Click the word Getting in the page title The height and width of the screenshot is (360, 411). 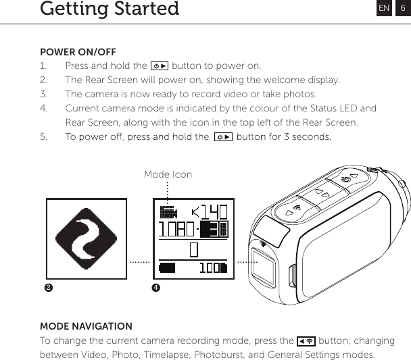[72, 9]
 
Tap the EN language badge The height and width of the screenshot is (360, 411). [384, 8]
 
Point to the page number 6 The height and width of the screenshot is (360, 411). [402, 8]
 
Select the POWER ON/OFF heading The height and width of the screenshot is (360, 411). [78, 52]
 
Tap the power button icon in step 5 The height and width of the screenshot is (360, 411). [222, 137]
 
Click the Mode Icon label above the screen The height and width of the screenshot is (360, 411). [168, 174]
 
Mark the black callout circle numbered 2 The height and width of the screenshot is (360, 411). [48, 288]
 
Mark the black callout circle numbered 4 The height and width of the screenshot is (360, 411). [156, 288]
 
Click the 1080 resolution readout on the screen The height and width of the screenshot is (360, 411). [177, 230]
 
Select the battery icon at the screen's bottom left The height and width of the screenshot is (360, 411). [166, 268]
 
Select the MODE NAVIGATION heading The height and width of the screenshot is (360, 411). [86, 326]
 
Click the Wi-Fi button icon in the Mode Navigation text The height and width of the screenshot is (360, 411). [306, 341]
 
